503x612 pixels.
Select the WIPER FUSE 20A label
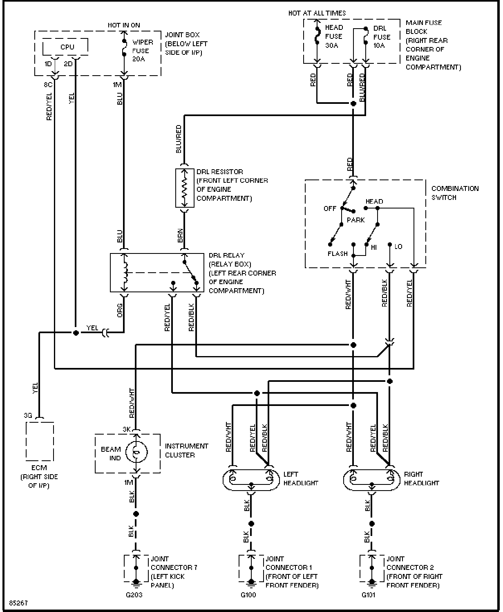(x=143, y=51)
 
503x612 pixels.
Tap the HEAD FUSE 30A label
(x=333, y=36)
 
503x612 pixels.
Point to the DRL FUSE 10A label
(x=382, y=37)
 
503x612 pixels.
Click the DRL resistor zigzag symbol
(x=185, y=188)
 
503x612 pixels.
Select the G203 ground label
(x=134, y=595)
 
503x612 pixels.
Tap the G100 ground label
(x=248, y=595)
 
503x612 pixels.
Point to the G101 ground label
(x=369, y=595)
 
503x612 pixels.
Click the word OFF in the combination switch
(x=330, y=208)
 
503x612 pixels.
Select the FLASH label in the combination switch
(x=338, y=254)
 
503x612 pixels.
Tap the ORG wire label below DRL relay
(x=120, y=310)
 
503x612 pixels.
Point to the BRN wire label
(x=181, y=235)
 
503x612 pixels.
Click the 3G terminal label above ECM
(x=28, y=415)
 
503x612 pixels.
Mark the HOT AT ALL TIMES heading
(x=317, y=13)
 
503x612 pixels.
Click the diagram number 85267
(x=18, y=603)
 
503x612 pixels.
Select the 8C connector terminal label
(x=48, y=85)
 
